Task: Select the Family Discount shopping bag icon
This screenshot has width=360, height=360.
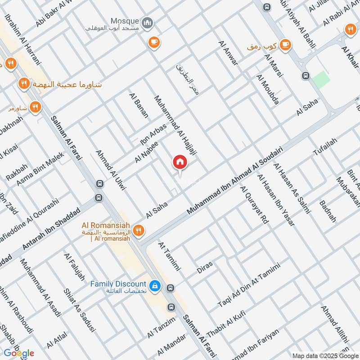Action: point(155,286)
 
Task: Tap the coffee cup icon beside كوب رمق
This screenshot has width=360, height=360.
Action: point(285,45)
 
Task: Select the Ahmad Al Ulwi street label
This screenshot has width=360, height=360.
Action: point(111,172)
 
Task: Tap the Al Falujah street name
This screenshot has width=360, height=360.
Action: point(75,267)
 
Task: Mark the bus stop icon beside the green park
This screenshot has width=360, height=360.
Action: point(306,76)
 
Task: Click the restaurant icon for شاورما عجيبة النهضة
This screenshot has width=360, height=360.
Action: point(24,83)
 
